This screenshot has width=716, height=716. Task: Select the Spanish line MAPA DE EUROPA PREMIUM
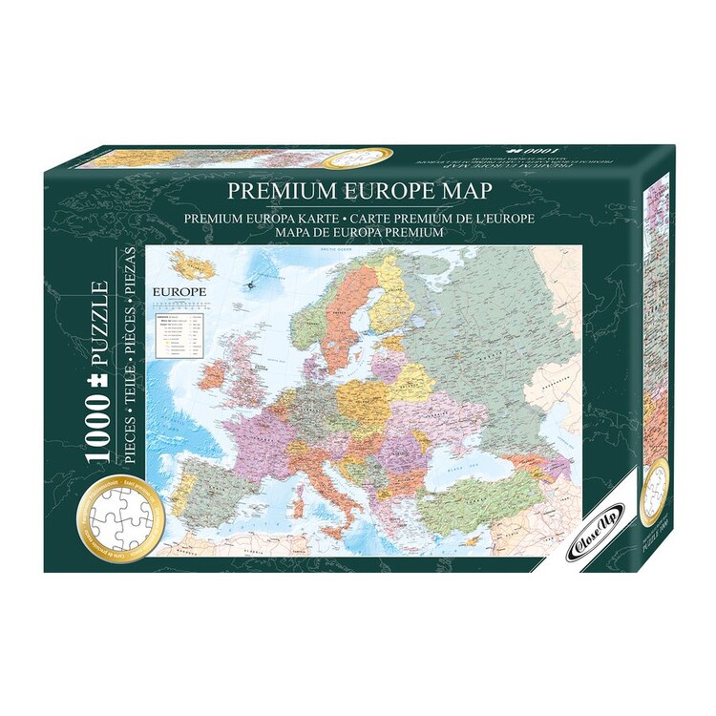click(x=357, y=232)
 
